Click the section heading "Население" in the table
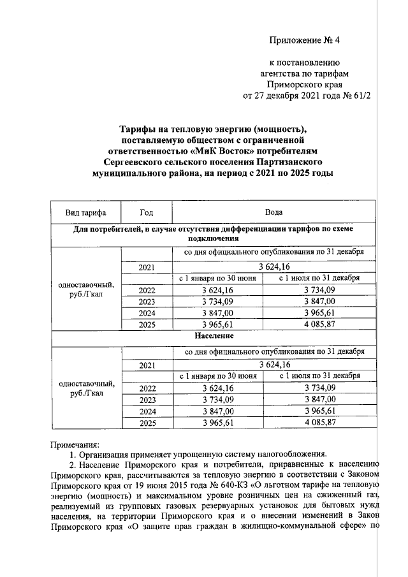pyautogui.click(x=210, y=335)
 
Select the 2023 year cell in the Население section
pyautogui.click(x=147, y=399)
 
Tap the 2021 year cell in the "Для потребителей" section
pyautogui.click(x=147, y=267)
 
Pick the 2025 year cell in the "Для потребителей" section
pyautogui.click(x=147, y=324)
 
